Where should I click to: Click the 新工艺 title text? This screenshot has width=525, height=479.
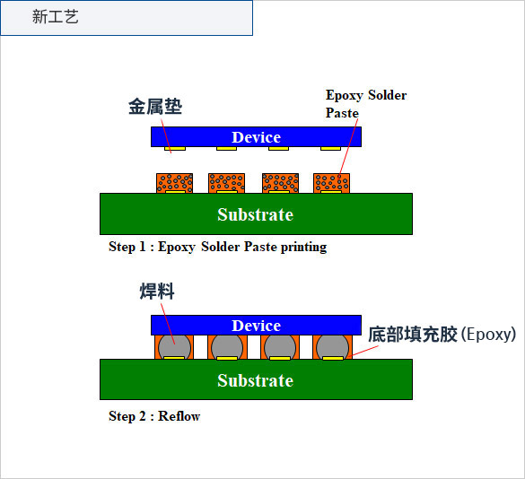coord(56,17)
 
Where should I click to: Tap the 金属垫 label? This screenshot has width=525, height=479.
coord(155,107)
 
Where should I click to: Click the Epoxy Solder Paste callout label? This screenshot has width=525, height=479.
coord(366,104)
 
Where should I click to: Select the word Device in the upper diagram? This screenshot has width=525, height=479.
coord(256,137)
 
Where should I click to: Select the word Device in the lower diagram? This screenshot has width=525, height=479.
coord(256,326)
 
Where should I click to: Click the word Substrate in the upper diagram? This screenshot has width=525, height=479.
coord(256,214)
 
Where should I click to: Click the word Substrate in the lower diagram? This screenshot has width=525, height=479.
coord(256,380)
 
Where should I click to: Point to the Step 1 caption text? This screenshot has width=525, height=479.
coord(218,247)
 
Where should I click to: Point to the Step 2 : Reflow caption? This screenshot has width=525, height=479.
coord(154,416)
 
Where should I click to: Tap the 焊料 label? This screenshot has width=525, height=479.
coord(157,291)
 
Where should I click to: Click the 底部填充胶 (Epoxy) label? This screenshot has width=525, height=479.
coord(442,334)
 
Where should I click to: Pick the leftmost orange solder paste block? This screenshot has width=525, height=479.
coord(174,183)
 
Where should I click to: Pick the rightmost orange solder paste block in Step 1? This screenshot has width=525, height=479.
coord(331,183)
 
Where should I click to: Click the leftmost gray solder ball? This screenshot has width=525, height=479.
coord(174,347)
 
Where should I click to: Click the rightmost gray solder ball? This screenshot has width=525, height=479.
coord(332,347)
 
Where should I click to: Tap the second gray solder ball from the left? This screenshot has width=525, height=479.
coord(227,347)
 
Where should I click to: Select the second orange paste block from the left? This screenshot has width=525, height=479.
coord(227,183)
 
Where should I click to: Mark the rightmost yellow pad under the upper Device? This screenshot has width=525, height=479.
coord(330,148)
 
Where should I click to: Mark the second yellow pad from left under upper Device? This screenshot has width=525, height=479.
coord(226,148)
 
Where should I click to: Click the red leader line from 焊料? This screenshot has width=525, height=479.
coord(168,324)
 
